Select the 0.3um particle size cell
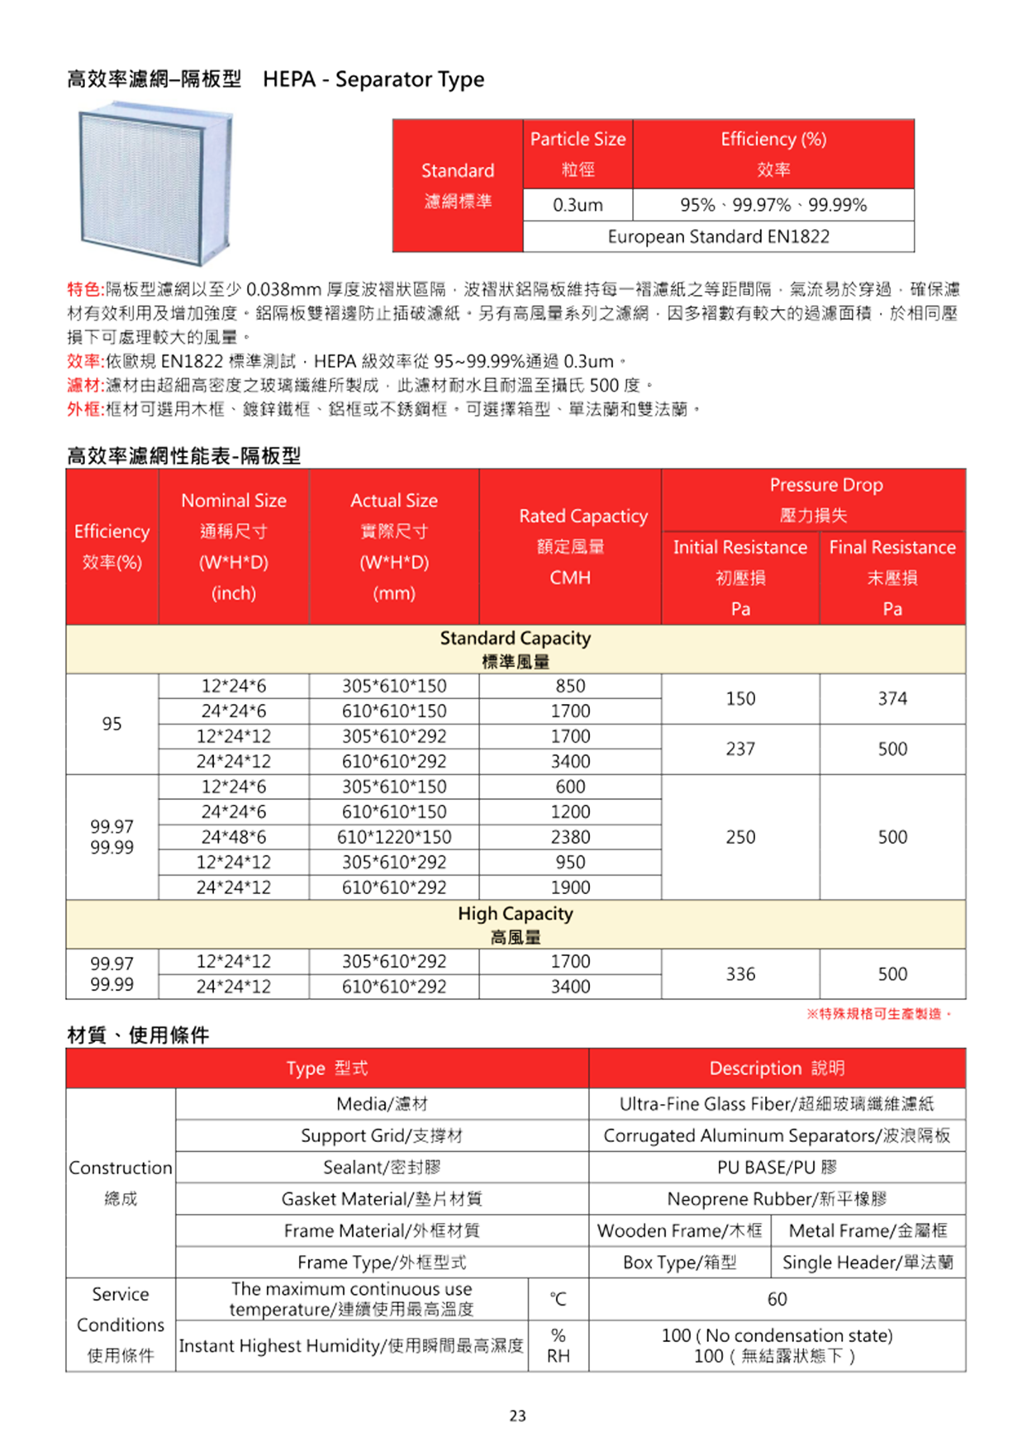(578, 205)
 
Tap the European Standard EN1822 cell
(718, 236)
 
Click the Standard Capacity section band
(516, 649)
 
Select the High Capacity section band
(516, 925)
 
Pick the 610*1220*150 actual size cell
(394, 837)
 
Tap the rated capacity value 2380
(570, 837)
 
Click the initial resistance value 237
(740, 749)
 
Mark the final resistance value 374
(892, 699)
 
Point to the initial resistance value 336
(740, 974)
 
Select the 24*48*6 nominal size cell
(234, 837)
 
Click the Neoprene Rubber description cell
(777, 1199)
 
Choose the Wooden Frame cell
(679, 1231)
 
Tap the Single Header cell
(868, 1263)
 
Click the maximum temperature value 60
(777, 1299)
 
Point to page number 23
(517, 1416)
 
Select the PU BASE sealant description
(777, 1168)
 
